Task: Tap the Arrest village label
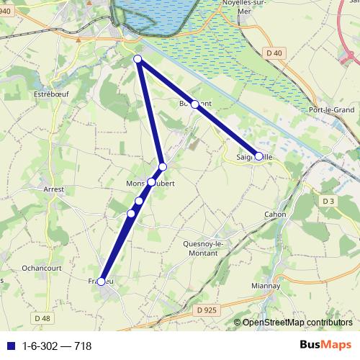click(x=54, y=189)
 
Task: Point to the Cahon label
click(x=275, y=215)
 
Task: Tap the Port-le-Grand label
click(x=330, y=109)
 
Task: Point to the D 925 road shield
click(x=205, y=310)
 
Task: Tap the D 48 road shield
click(x=42, y=318)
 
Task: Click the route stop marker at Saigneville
click(x=258, y=156)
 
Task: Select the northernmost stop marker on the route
click(x=138, y=59)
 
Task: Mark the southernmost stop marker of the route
click(x=102, y=282)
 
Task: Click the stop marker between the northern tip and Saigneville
click(x=194, y=104)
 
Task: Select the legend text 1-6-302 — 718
click(x=57, y=346)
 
